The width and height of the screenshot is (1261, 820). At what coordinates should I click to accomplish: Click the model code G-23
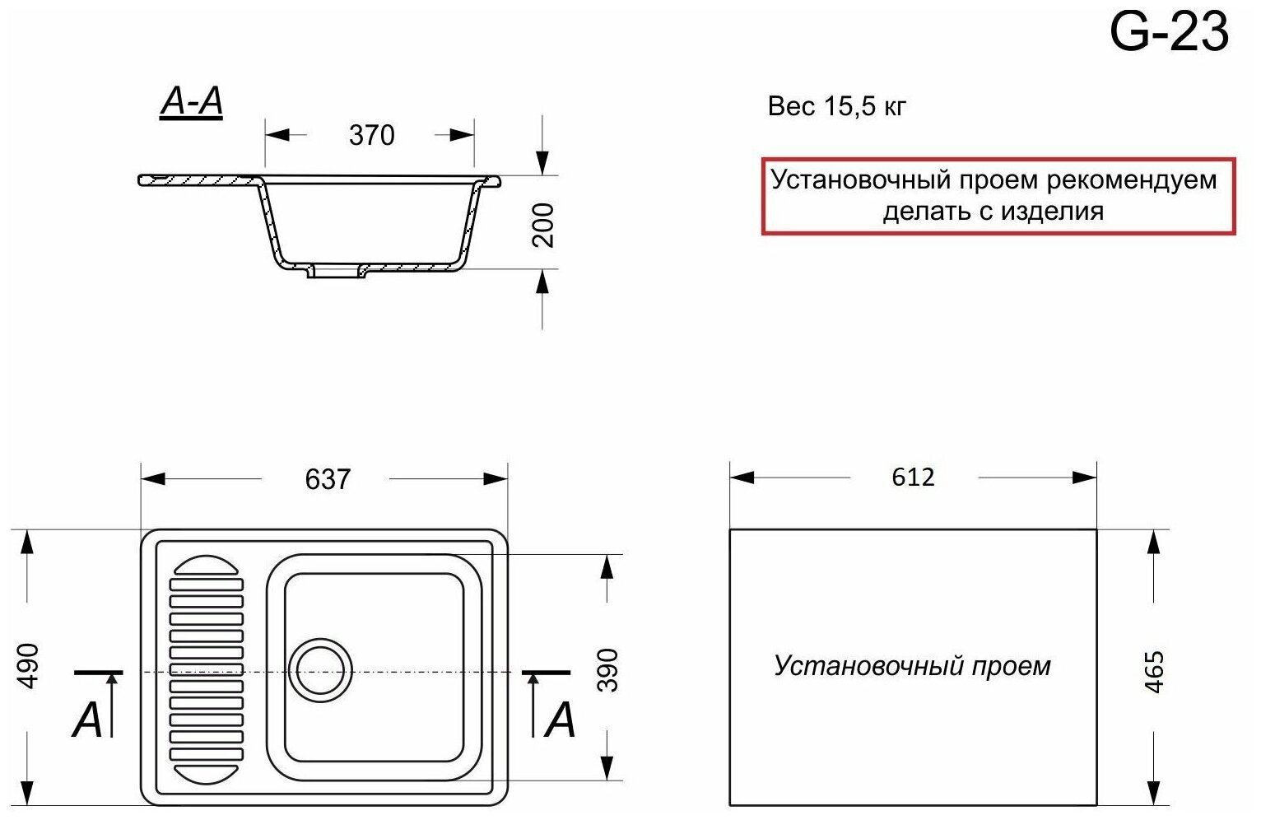click(1169, 33)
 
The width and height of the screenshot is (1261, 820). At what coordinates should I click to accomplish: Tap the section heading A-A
click(191, 102)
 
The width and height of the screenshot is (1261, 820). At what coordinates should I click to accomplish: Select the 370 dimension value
click(371, 135)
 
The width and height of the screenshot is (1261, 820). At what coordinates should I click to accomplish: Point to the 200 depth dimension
click(543, 225)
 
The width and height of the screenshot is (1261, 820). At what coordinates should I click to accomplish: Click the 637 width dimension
click(328, 479)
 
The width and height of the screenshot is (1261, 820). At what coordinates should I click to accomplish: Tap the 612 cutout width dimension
click(913, 478)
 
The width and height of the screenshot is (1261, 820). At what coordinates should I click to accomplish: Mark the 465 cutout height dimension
click(1155, 671)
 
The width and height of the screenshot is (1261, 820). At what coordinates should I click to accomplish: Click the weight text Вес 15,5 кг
click(837, 107)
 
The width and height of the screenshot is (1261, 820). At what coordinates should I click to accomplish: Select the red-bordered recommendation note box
click(997, 196)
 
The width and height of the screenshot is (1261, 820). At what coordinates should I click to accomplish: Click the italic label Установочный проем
click(912, 666)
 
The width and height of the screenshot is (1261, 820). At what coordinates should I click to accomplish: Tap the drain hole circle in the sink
click(320, 669)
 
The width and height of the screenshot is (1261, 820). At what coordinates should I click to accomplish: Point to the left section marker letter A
click(87, 720)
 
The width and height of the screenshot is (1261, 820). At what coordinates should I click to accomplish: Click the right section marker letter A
click(561, 720)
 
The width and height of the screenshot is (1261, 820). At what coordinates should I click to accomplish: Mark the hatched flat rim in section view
click(198, 179)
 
